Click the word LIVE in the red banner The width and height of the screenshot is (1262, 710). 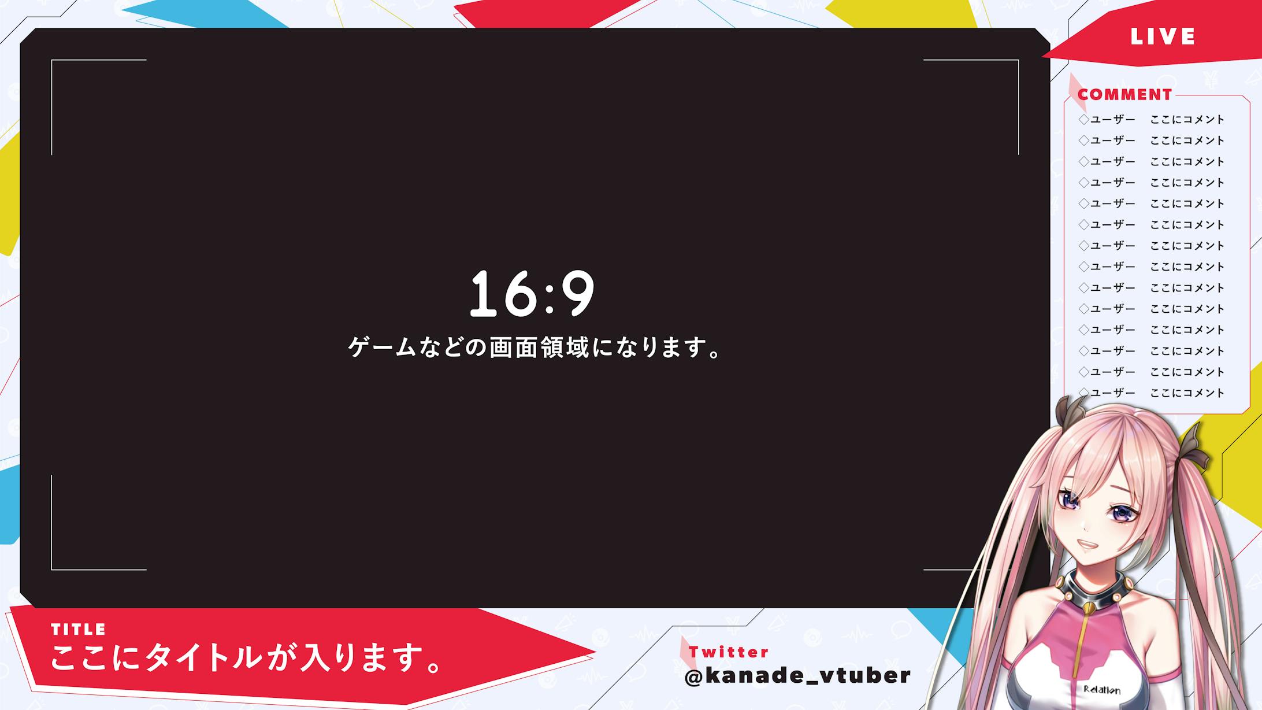(x=1162, y=37)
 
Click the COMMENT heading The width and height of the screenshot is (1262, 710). (x=1124, y=94)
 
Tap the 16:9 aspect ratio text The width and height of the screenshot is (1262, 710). (x=532, y=294)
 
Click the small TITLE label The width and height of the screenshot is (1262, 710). (x=78, y=629)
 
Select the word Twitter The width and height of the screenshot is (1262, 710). (x=729, y=652)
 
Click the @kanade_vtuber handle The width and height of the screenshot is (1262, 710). (x=797, y=675)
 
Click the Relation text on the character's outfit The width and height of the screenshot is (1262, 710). (x=1102, y=689)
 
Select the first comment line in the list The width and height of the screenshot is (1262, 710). (x=1152, y=120)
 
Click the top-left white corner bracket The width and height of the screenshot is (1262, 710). (x=53, y=61)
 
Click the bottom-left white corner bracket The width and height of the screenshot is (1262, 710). (x=53, y=568)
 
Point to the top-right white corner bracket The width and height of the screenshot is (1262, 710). (x=1017, y=61)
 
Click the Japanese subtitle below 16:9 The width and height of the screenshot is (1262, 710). (x=535, y=348)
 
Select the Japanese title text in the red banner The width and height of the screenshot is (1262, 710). (x=246, y=658)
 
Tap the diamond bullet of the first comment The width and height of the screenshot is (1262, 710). (x=1083, y=120)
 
